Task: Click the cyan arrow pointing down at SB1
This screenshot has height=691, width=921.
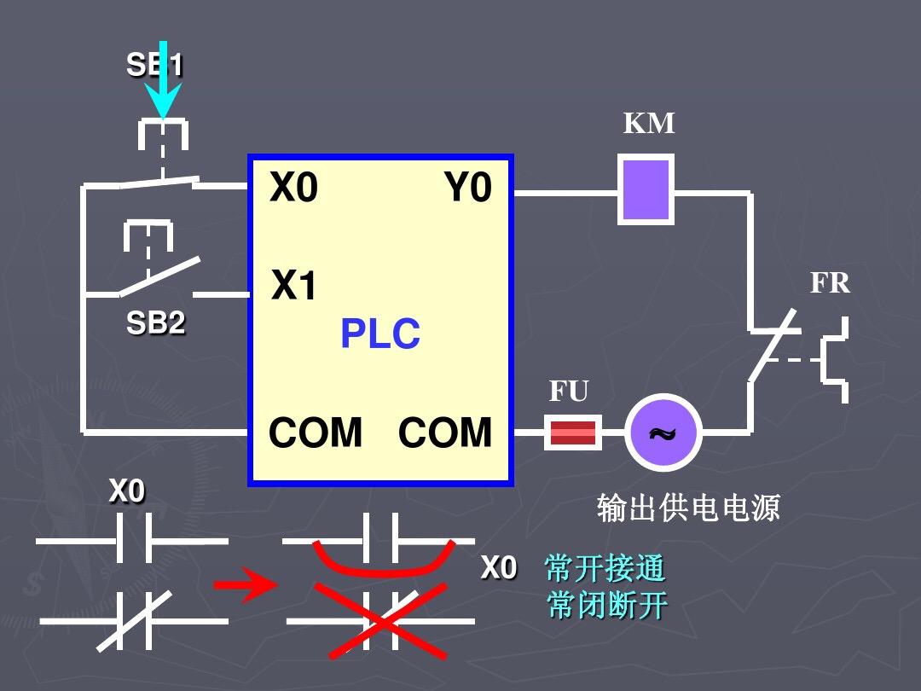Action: pyautogui.click(x=161, y=81)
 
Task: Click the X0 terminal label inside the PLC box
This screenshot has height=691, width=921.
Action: pyautogui.click(x=293, y=188)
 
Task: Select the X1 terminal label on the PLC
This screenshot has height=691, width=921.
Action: pyautogui.click(x=294, y=287)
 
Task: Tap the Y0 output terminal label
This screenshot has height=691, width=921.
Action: pyautogui.click(x=467, y=188)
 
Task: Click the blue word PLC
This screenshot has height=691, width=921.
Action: pyautogui.click(x=380, y=334)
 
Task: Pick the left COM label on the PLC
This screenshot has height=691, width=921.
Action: pyautogui.click(x=316, y=433)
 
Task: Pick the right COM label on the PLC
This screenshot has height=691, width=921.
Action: pyautogui.click(x=445, y=433)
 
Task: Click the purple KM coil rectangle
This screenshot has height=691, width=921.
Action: pyautogui.click(x=646, y=189)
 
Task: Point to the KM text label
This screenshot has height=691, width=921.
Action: pyautogui.click(x=649, y=124)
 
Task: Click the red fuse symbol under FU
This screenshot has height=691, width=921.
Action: pyautogui.click(x=573, y=433)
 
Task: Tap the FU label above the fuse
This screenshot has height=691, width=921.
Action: pyautogui.click(x=569, y=392)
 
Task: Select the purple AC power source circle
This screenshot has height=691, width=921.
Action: pyautogui.click(x=663, y=433)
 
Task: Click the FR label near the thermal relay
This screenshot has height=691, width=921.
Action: pyautogui.click(x=831, y=282)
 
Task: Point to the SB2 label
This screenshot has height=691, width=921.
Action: pyautogui.click(x=155, y=323)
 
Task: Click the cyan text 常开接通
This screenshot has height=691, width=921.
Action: pyautogui.click(x=605, y=568)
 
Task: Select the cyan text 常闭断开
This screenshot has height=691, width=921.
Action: pyautogui.click(x=606, y=606)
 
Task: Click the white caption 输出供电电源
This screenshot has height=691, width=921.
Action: pyautogui.click(x=688, y=508)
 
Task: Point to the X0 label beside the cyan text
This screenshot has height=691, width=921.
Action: pyautogui.click(x=499, y=568)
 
